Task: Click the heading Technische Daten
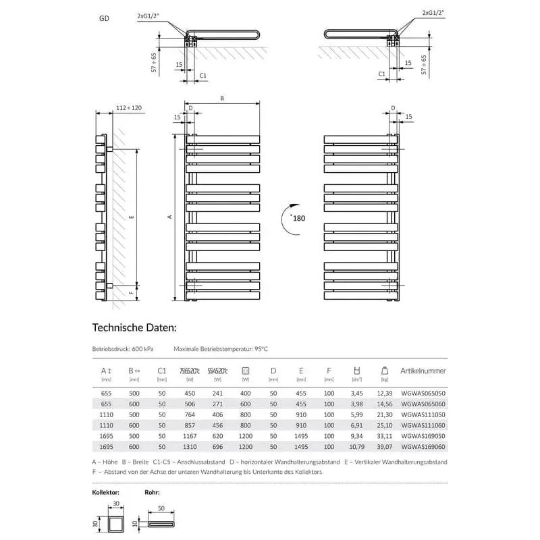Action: (x=134, y=328)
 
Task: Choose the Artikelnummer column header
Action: (x=423, y=371)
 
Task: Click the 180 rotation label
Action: (x=299, y=219)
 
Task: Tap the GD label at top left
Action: (x=105, y=20)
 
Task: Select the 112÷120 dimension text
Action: (x=129, y=108)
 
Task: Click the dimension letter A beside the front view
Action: (x=170, y=216)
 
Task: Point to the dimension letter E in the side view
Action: (x=132, y=217)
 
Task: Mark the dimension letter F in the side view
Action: (x=132, y=293)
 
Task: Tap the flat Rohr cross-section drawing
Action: (x=160, y=524)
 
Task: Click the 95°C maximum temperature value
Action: (x=259, y=350)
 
